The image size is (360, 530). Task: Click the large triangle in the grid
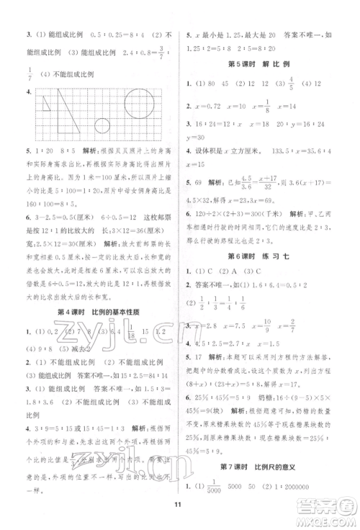[73, 112]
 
